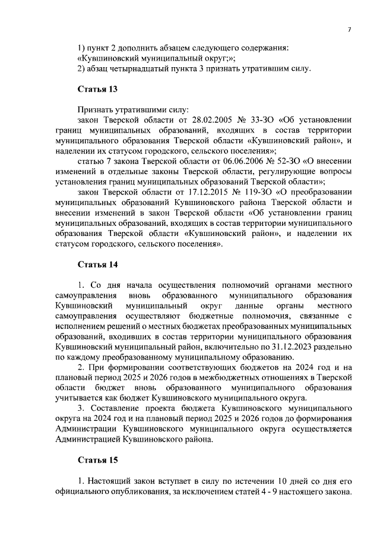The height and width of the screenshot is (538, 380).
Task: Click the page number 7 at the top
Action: [x=350, y=30]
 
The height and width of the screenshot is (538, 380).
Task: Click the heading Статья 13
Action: [x=98, y=89]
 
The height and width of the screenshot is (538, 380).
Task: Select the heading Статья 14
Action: [x=98, y=265]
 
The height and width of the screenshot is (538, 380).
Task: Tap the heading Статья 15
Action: [x=98, y=460]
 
